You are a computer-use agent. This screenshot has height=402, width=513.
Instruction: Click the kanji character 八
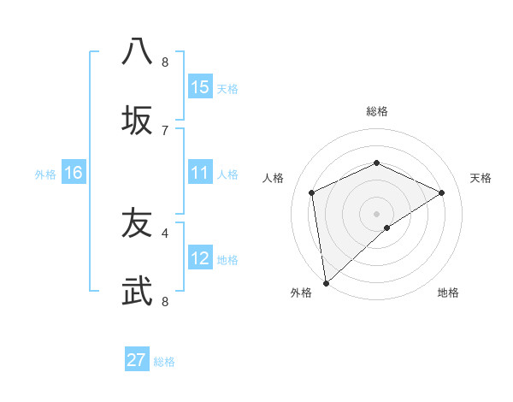coord(137,51)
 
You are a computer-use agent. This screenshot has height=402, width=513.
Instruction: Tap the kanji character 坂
coord(137,121)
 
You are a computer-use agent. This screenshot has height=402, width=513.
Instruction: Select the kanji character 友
coord(137,223)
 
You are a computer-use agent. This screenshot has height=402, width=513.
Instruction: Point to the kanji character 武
coord(137,293)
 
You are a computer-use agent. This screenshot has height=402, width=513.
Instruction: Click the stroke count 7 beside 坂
coord(165,130)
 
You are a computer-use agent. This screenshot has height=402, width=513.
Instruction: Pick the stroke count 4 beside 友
coord(165,232)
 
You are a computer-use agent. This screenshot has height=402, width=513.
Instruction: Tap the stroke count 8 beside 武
coord(165,301)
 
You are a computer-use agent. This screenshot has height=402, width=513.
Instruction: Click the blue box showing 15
coord(200,87)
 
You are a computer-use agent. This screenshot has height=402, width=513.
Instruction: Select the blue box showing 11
coord(200,174)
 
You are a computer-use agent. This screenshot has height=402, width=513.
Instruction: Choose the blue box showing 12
coord(200,258)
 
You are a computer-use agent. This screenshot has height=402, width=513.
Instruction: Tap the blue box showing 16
coord(74,174)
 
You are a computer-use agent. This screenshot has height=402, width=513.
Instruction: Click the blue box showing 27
coord(137,360)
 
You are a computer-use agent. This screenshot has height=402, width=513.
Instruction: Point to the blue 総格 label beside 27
coord(164,362)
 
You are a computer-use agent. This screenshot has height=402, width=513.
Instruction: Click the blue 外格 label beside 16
coord(45,174)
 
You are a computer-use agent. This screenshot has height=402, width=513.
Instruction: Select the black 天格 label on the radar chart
coord(481,178)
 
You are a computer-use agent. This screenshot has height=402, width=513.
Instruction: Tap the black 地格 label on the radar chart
coord(448,293)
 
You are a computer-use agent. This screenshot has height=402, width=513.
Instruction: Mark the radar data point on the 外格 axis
coord(325,283)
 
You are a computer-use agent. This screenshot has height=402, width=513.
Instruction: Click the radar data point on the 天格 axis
coord(442,192)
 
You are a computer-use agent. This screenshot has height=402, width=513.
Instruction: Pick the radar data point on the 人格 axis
coord(312,192)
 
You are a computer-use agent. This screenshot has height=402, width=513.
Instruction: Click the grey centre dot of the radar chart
coord(377,213)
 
